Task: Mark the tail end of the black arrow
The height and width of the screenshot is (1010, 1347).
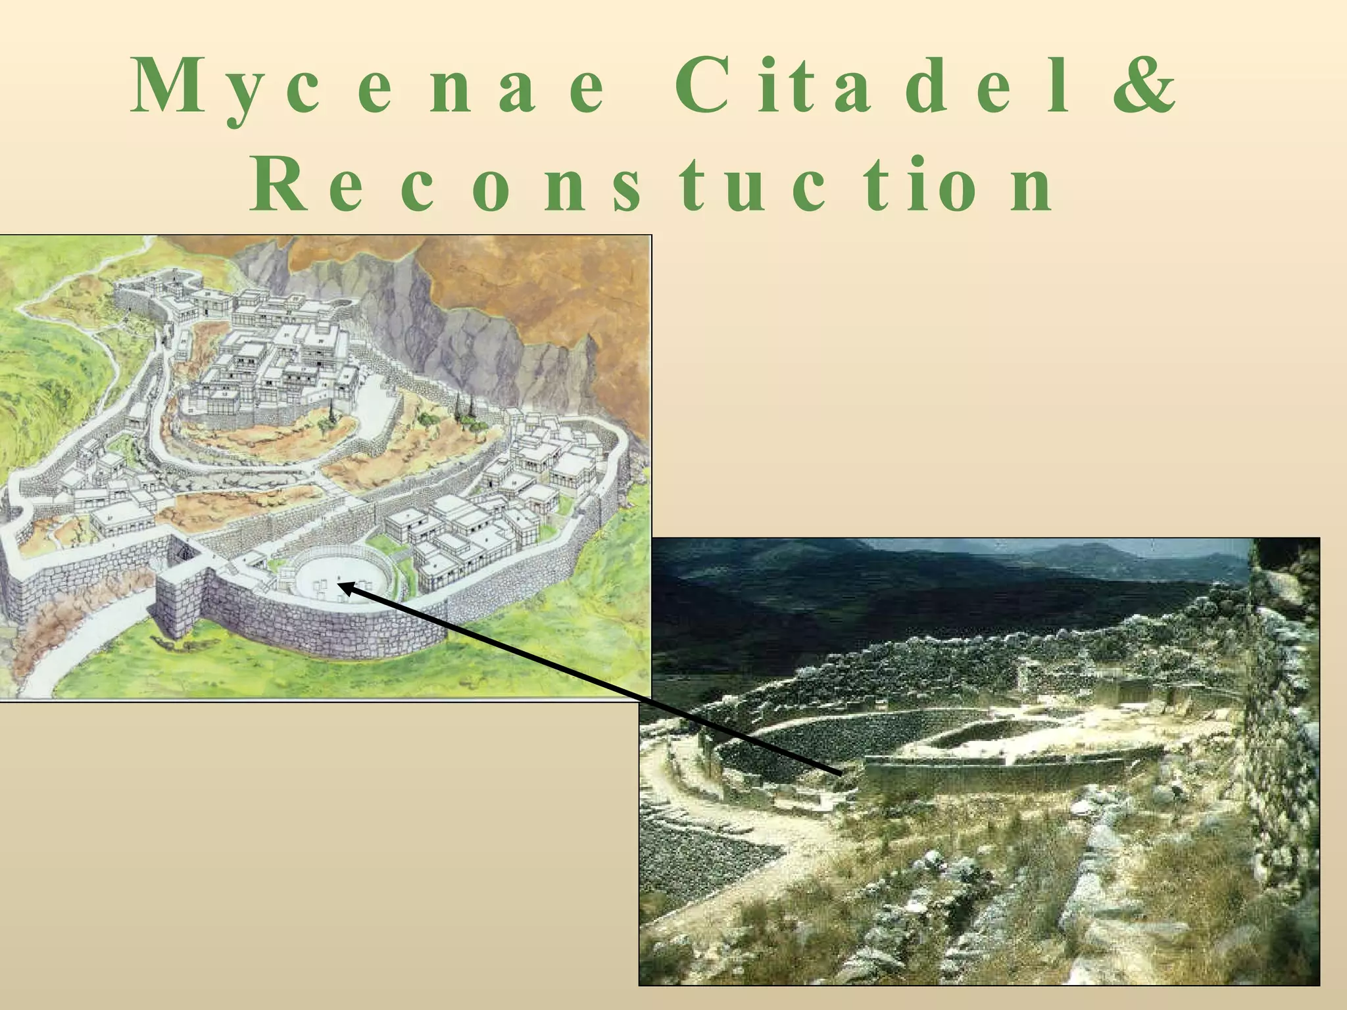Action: coord(841,773)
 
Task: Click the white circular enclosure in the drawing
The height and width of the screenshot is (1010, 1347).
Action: coord(342,572)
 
